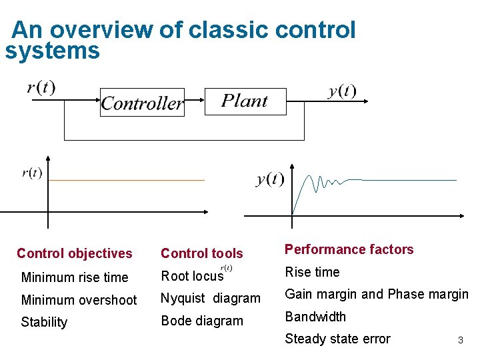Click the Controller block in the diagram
click(141, 103)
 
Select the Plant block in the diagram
click(244, 101)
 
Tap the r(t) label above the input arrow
click(41, 87)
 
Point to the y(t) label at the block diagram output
click(342, 91)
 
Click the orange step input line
click(127, 180)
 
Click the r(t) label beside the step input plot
click(32, 173)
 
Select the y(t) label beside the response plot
click(270, 179)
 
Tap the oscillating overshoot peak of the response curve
click(309, 177)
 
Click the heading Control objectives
click(75, 253)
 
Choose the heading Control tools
click(202, 253)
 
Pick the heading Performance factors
click(349, 249)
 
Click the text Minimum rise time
click(75, 277)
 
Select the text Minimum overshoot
click(79, 300)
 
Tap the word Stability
click(44, 322)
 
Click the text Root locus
click(192, 276)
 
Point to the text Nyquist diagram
click(211, 299)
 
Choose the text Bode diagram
click(202, 321)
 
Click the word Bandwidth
click(315, 317)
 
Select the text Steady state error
click(337, 339)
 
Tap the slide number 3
click(460, 341)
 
